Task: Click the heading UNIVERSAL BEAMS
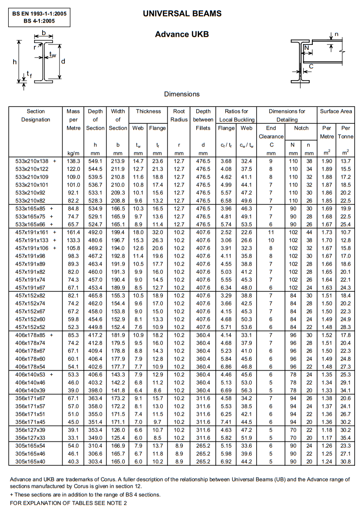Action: click(182, 14)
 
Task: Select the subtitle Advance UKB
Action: click(182, 34)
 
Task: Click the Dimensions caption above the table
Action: click(182, 94)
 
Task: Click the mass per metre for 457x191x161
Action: click(73, 232)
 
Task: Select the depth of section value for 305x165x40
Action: click(95, 461)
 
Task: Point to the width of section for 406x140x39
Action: click(118, 390)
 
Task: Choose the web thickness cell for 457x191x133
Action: click(138, 240)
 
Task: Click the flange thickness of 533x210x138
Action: click(157, 161)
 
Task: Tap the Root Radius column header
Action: click(179, 116)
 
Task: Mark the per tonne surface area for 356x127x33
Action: click(345, 438)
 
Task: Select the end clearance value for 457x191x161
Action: click(271, 232)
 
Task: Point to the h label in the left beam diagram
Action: click(15, 62)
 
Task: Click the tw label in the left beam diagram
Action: click(53, 55)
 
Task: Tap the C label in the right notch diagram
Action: click(311, 67)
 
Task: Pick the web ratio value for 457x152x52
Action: click(246, 327)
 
